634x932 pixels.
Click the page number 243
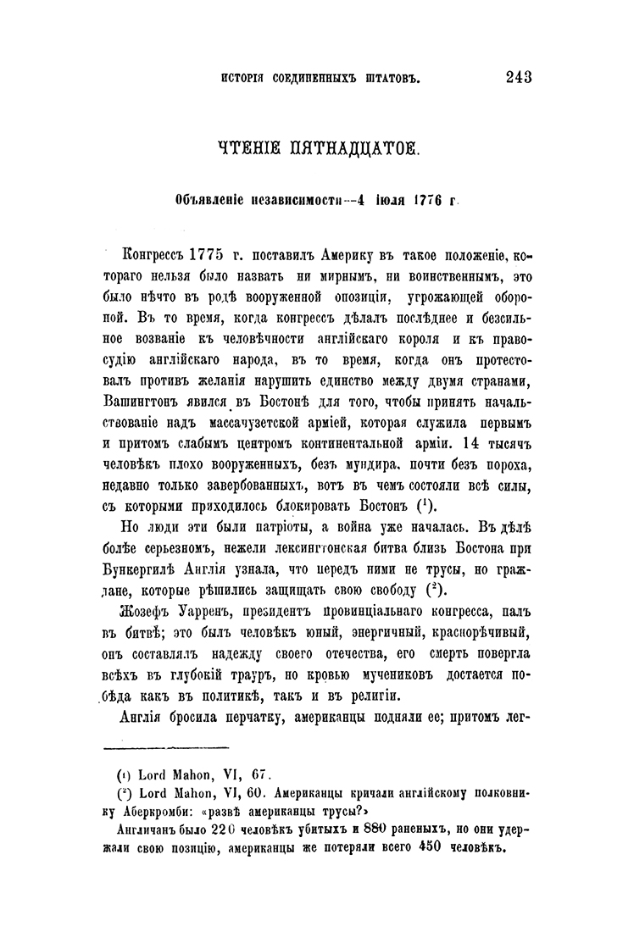[517, 78]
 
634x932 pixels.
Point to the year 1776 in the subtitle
[430, 202]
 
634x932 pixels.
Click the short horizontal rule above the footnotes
[165, 747]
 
